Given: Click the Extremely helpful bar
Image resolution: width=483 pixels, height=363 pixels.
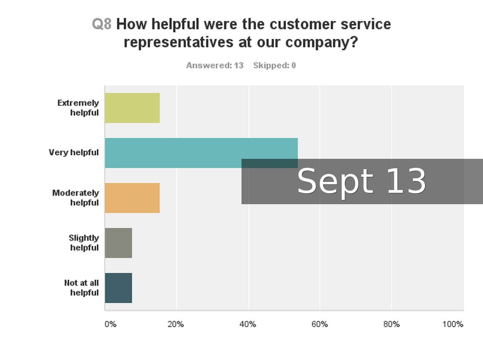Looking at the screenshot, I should [132, 108].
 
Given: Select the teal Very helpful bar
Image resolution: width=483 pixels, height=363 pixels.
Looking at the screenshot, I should [189, 152].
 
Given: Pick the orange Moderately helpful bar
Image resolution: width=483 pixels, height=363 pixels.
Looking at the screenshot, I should [132, 198].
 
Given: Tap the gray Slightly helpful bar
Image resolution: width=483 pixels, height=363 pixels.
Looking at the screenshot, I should [118, 242].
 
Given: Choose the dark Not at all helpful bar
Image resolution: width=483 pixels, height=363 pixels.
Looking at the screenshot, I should [118, 287].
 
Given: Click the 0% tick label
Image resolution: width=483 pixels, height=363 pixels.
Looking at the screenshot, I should [110, 324].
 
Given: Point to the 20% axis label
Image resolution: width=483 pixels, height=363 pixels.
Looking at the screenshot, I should [175, 324].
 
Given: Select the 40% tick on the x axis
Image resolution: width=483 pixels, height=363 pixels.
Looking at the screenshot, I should [248, 324].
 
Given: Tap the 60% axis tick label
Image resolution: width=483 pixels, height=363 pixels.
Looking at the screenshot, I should [319, 324].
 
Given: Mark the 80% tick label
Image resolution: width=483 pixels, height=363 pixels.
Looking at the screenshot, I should [391, 324].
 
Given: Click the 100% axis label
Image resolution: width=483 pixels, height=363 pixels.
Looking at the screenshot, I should [452, 324].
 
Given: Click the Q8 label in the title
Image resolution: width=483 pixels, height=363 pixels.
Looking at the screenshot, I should [101, 24].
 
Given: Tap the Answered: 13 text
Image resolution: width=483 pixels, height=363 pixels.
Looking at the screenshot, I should [215, 65].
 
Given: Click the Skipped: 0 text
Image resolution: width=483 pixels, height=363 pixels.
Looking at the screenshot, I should [275, 65].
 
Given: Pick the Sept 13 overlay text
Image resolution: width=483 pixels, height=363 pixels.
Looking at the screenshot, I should [361, 181].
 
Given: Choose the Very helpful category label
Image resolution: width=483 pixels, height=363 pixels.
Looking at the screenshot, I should [74, 153].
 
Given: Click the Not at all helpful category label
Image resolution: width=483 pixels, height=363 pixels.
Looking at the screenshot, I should [82, 287].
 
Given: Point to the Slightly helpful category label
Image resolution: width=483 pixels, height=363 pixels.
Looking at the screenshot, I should [84, 242].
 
